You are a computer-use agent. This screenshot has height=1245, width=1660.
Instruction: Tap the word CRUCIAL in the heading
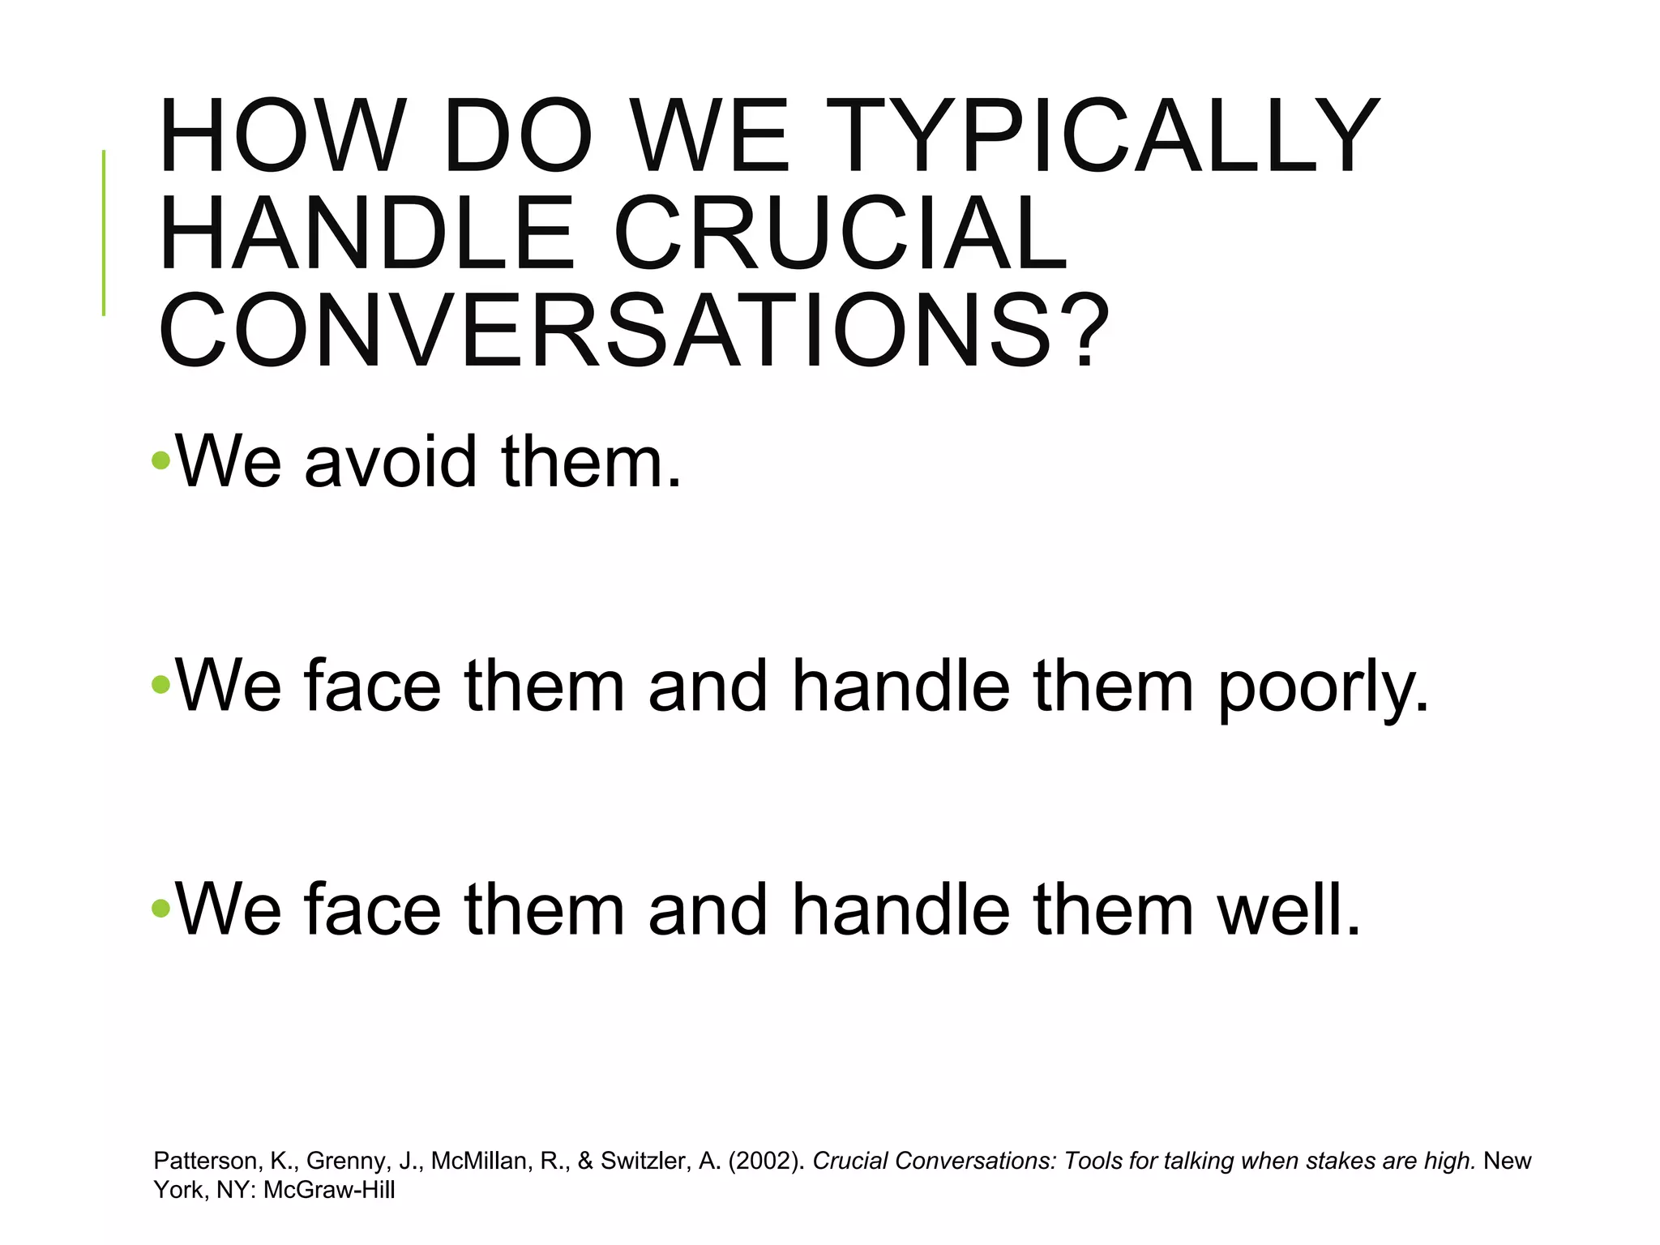(x=841, y=233)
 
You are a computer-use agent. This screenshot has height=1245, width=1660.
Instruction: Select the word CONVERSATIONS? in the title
(x=633, y=331)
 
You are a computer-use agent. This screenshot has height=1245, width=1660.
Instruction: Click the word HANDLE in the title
(x=366, y=233)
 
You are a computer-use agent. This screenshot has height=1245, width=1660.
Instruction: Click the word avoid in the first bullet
(x=390, y=462)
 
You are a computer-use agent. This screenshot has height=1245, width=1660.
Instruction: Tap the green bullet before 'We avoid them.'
(x=160, y=461)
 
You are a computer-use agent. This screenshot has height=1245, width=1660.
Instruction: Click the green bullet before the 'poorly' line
(x=160, y=686)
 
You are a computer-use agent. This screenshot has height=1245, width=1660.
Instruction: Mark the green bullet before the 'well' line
(x=160, y=909)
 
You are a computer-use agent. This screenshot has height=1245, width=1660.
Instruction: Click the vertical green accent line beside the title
(x=104, y=233)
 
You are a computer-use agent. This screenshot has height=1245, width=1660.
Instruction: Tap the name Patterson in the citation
(x=205, y=1161)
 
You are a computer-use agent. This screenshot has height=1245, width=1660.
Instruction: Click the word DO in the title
(x=517, y=136)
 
